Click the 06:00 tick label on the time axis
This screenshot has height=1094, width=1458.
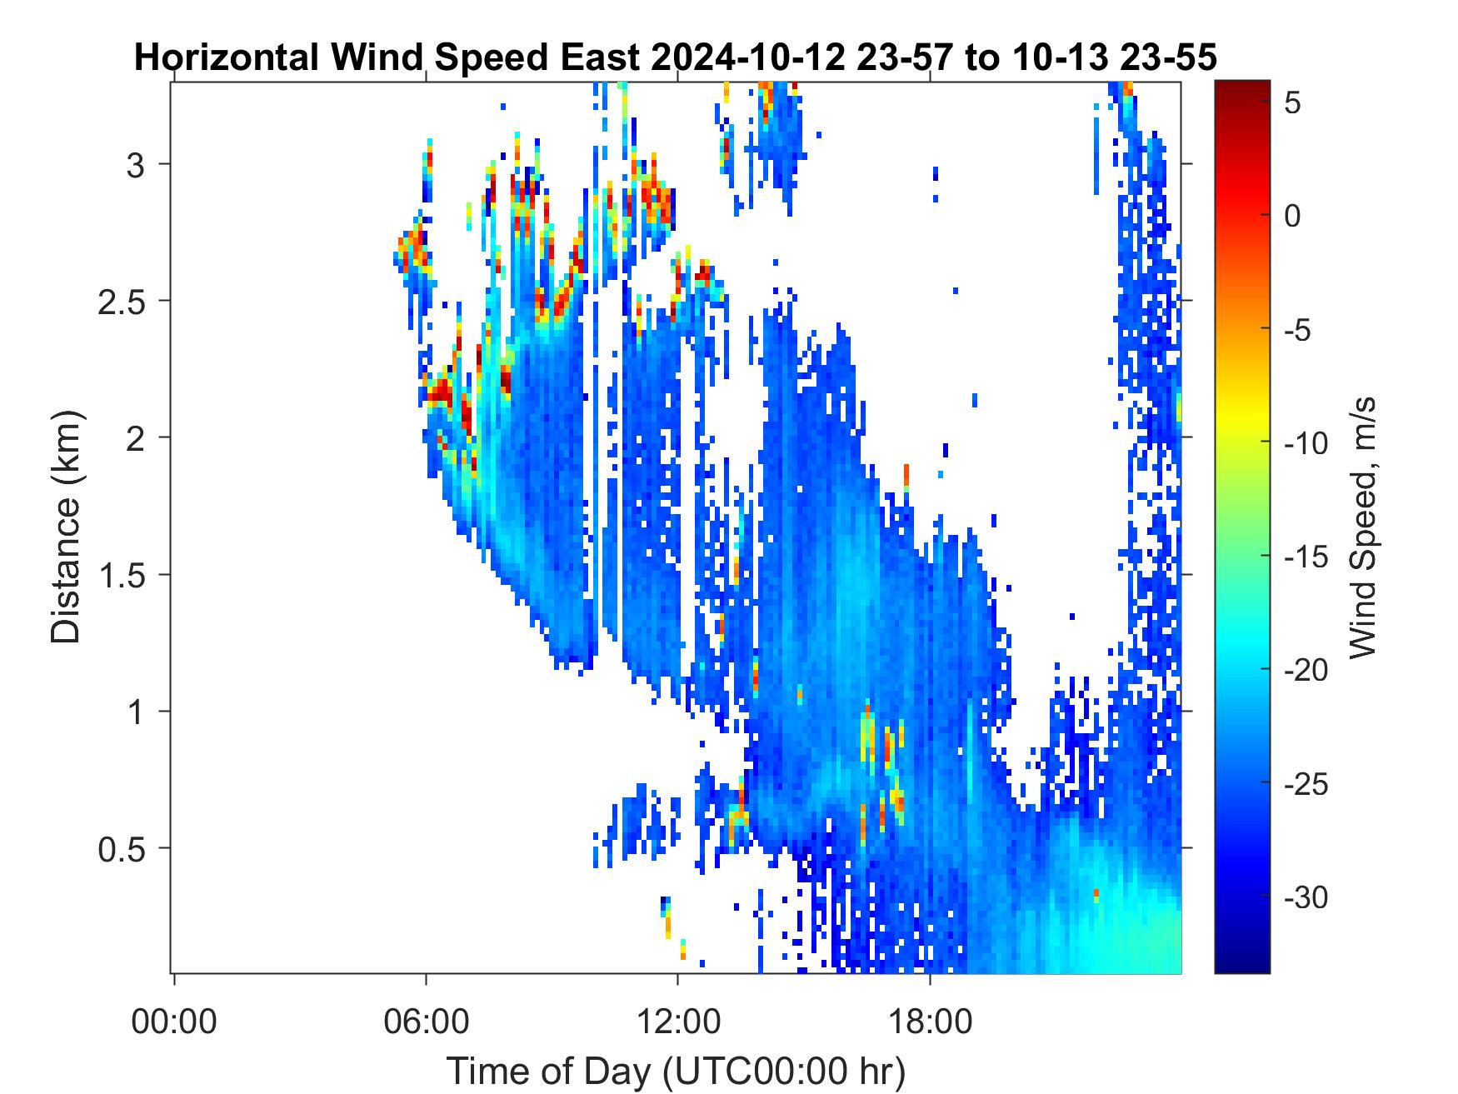click(426, 1022)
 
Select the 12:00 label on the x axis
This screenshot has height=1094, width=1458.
click(678, 1022)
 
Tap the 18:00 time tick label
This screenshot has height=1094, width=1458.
click(930, 1022)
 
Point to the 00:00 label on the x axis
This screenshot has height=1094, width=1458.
click(174, 1022)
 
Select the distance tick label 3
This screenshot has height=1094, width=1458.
click(136, 164)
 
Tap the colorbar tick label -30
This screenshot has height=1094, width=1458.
click(1306, 897)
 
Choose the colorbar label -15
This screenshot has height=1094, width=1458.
click(1306, 557)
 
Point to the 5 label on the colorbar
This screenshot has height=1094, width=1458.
click(1292, 103)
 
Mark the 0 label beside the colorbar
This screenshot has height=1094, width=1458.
click(1292, 217)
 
